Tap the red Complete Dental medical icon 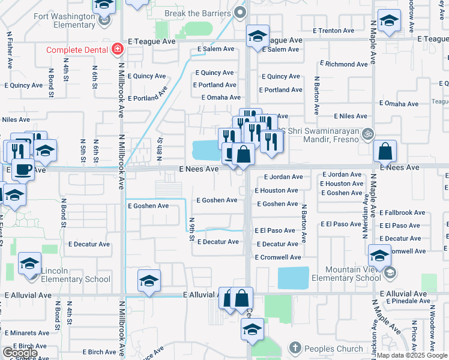pyautogui.click(x=118, y=49)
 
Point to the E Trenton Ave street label pyautogui.click(x=334, y=31)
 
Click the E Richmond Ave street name pyautogui.click(x=343, y=64)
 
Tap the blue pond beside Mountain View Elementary pyautogui.click(x=293, y=278)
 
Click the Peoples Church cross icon pyautogui.click(x=294, y=348)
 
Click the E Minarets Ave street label pyautogui.click(x=28, y=332)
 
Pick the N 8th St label pyautogui.click(x=160, y=147)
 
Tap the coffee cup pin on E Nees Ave pyautogui.click(x=23, y=170)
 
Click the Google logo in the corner pyautogui.click(x=20, y=353)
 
